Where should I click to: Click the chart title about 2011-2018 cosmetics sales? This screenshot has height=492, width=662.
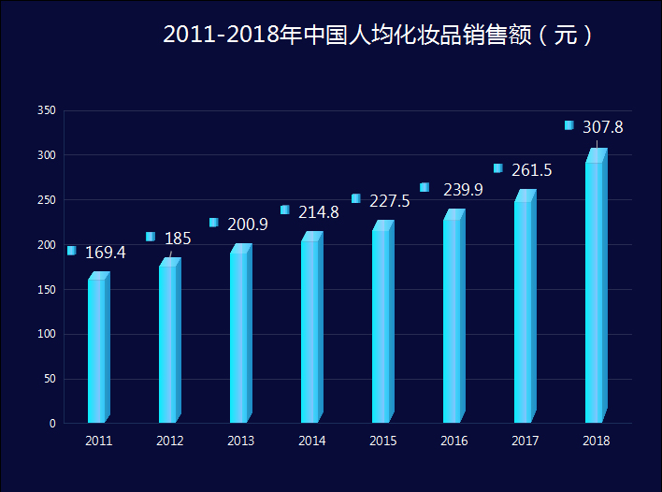point(378,35)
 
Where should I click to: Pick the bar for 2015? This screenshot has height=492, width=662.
point(382,323)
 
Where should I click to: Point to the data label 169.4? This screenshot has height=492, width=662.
point(105,253)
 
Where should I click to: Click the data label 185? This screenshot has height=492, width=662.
point(178,239)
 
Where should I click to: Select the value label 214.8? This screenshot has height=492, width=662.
point(318,212)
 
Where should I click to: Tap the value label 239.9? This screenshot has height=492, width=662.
point(463,190)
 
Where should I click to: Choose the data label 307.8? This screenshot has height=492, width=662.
point(602,127)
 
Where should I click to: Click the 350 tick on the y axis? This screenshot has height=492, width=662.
point(47,110)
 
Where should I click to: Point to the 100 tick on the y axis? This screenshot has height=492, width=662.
point(47,334)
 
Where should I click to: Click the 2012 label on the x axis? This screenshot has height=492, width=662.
point(169,441)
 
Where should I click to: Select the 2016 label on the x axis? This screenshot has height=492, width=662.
point(453,441)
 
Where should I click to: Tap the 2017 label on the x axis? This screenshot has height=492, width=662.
point(525,441)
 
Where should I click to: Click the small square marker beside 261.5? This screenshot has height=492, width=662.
point(498,168)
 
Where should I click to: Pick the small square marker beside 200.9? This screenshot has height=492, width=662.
point(214,223)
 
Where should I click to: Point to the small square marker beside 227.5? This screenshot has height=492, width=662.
point(356,198)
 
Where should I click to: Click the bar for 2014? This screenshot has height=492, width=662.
point(311,329)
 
